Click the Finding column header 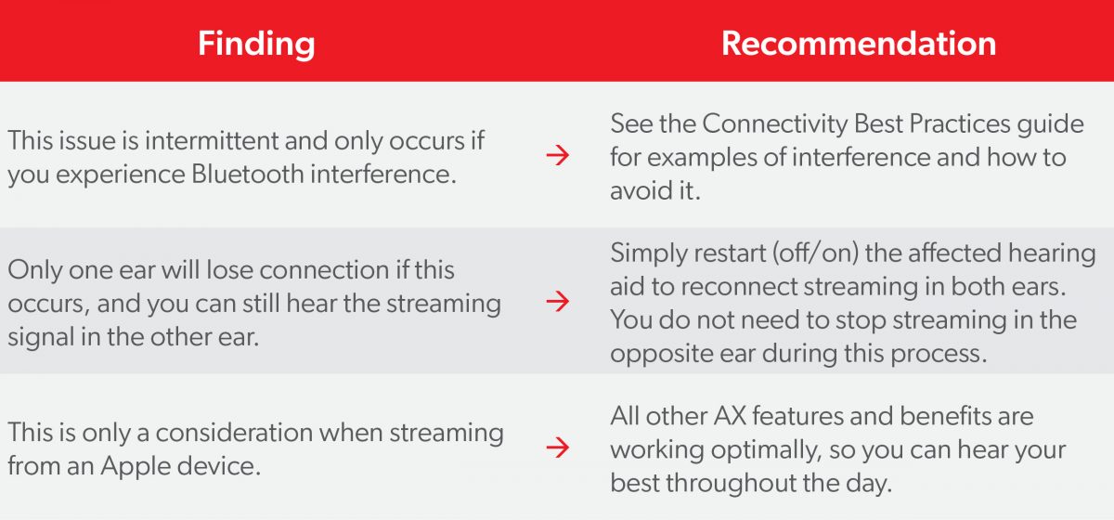(256, 44)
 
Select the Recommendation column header (859, 44)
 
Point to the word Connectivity (784, 123)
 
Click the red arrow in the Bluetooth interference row (557, 156)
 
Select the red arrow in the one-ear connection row (557, 301)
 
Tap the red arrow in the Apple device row (557, 448)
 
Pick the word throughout (782, 483)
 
